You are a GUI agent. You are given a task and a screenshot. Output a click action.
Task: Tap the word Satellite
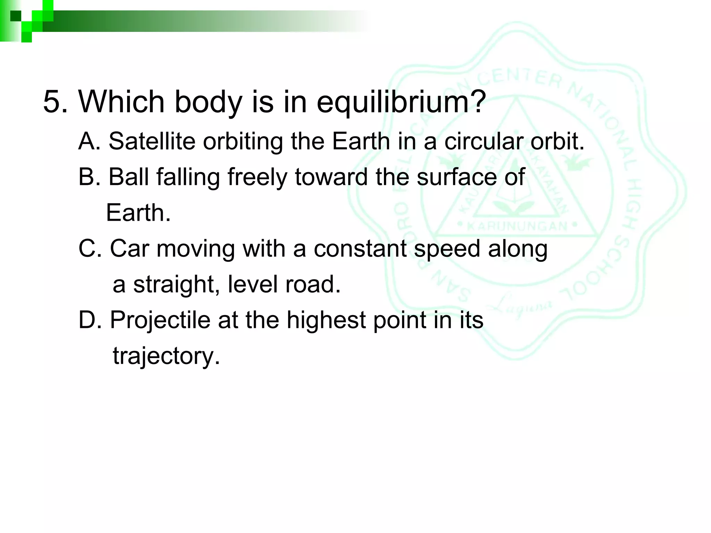click(x=152, y=142)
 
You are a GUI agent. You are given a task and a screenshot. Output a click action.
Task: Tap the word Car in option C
click(x=129, y=248)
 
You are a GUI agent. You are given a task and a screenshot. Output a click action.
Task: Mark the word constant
click(x=360, y=248)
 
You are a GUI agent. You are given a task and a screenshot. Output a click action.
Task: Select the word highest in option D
click(x=326, y=320)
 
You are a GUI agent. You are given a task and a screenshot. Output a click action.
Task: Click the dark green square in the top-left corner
click(x=16, y=16)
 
